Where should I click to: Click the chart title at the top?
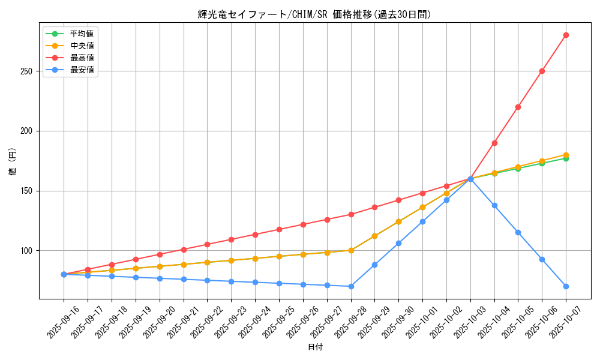(314, 14)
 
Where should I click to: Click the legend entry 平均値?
(82, 34)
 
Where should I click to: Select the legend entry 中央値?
(82, 46)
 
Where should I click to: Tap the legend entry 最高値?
(82, 58)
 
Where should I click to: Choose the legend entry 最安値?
(82, 70)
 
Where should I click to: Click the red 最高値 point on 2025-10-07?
(566, 35)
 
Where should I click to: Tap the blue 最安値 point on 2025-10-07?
(566, 286)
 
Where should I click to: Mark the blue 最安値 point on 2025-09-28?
(351, 286)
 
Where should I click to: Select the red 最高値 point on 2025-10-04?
(494, 143)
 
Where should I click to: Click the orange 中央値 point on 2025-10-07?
(566, 155)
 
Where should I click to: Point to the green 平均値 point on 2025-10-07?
(566, 158)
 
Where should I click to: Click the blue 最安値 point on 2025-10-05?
(518, 232)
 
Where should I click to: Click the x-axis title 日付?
(315, 347)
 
